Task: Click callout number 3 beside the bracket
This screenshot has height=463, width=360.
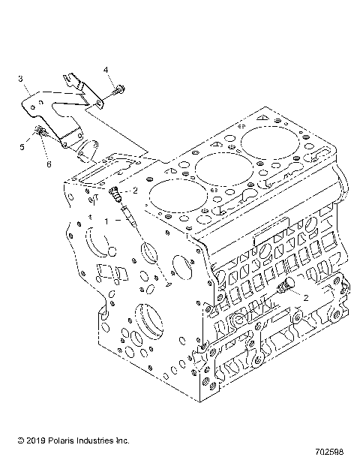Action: tap(20, 78)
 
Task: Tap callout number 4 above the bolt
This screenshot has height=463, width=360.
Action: tap(106, 70)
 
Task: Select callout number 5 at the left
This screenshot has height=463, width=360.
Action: tap(22, 147)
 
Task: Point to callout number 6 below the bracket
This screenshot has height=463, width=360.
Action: tap(49, 164)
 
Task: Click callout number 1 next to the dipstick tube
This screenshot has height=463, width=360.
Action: tap(108, 221)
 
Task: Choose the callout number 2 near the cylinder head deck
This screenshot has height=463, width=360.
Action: tap(135, 191)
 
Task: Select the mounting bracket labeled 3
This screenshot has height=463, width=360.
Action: tap(56, 105)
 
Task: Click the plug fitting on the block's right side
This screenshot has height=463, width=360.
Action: tap(285, 289)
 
